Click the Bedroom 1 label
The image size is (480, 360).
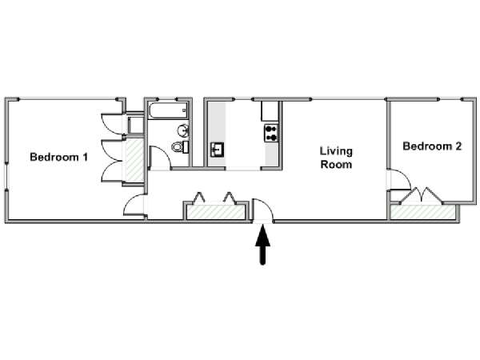coord(58,157)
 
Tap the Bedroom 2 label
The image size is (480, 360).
coord(432,146)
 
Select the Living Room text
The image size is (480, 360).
coord(336,158)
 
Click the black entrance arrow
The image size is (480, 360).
coord(262,245)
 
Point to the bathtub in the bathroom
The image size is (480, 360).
coord(168,110)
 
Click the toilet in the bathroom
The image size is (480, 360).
coord(180,147)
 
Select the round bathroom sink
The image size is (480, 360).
coord(183,131)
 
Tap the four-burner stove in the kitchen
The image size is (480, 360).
coord(271,133)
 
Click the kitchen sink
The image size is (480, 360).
coord(217,150)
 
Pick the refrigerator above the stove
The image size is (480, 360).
coord(270,111)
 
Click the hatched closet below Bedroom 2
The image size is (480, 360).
coord(422,213)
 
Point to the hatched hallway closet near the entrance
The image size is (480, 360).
coord(216,212)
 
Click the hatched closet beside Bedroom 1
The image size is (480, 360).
coord(135,160)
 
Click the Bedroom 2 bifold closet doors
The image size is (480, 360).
coord(421,194)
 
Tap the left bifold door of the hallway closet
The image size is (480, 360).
coord(198,198)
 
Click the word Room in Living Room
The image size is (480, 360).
coord(336,164)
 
